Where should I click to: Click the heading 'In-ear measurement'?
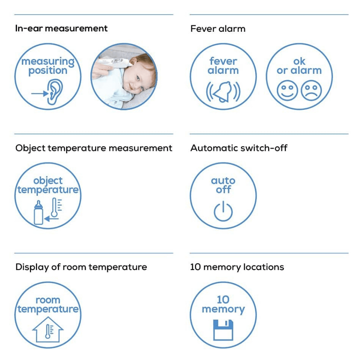click(x=61, y=28)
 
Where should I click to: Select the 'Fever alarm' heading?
click(x=218, y=29)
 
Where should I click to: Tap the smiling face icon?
click(x=287, y=90)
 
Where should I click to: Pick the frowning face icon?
click(x=311, y=90)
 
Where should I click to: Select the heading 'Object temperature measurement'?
click(x=94, y=148)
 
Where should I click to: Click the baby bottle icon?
click(x=39, y=213)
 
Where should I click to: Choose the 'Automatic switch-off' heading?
click(x=239, y=148)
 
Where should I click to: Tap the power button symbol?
click(x=223, y=211)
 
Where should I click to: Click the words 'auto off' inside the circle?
click(x=223, y=185)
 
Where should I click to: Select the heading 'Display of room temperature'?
click(x=81, y=267)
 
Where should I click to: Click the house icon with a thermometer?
click(x=48, y=329)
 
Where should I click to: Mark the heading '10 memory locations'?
click(x=237, y=267)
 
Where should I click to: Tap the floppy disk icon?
click(x=223, y=330)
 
